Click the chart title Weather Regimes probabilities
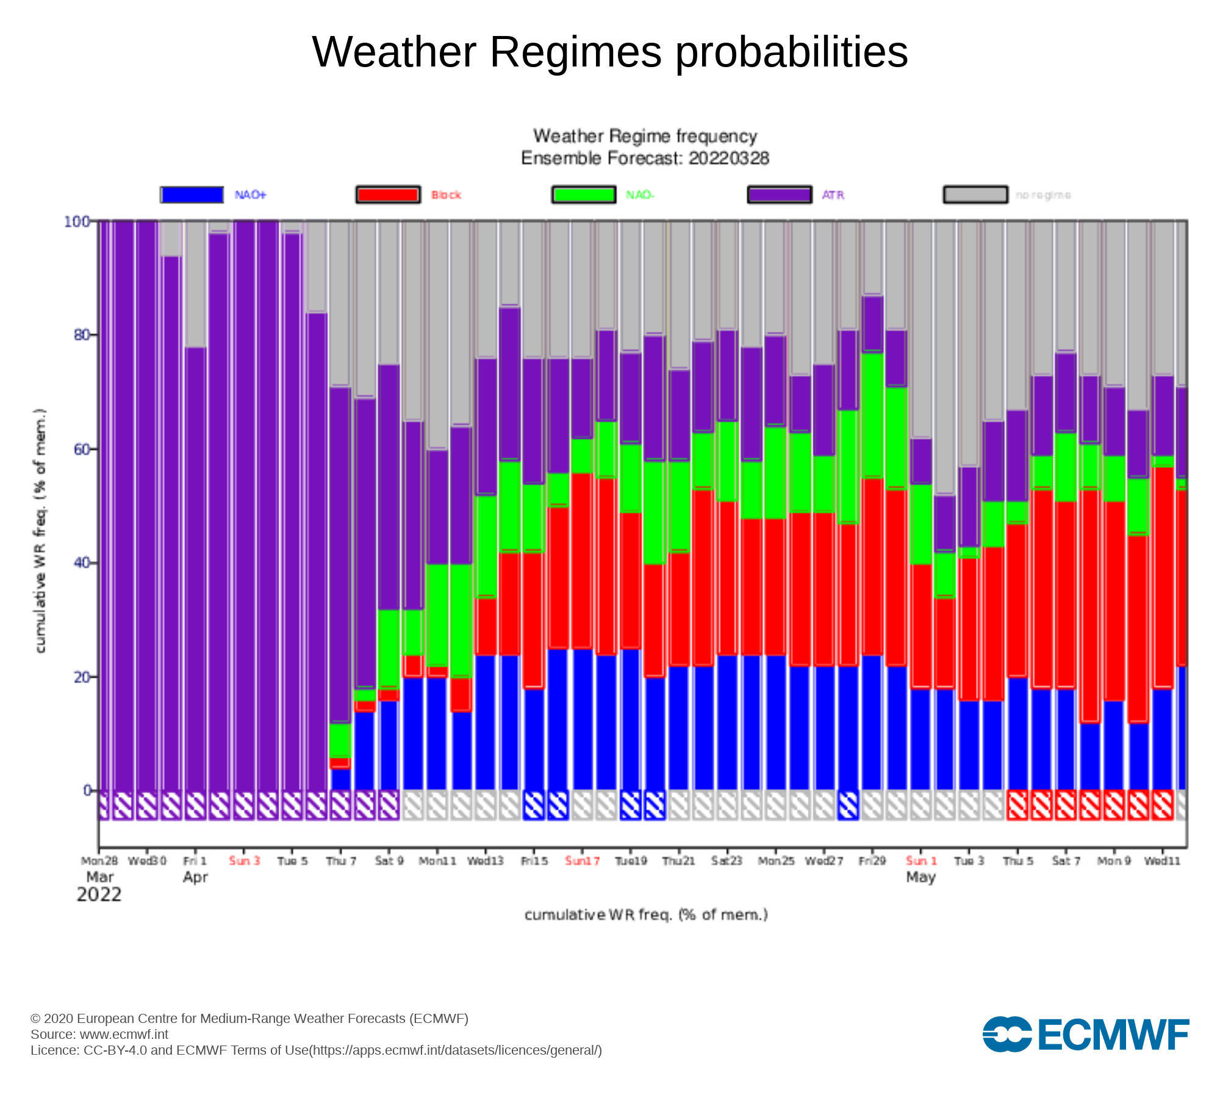(x=610, y=52)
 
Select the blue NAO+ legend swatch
(x=192, y=195)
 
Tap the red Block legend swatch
(x=388, y=195)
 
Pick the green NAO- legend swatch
(x=584, y=195)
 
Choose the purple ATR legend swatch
(x=780, y=195)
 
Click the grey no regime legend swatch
(x=975, y=195)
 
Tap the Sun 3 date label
(x=244, y=861)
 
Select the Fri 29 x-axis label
(x=872, y=861)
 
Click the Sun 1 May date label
(x=920, y=861)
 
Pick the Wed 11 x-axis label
(x=1162, y=861)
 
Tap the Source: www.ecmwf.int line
(x=99, y=1034)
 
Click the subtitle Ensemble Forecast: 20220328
(x=645, y=159)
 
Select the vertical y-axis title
(x=40, y=531)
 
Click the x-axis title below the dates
(x=646, y=915)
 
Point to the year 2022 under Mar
(x=99, y=895)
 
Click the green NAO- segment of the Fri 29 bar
(x=873, y=415)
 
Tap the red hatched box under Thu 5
(x=1017, y=805)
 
